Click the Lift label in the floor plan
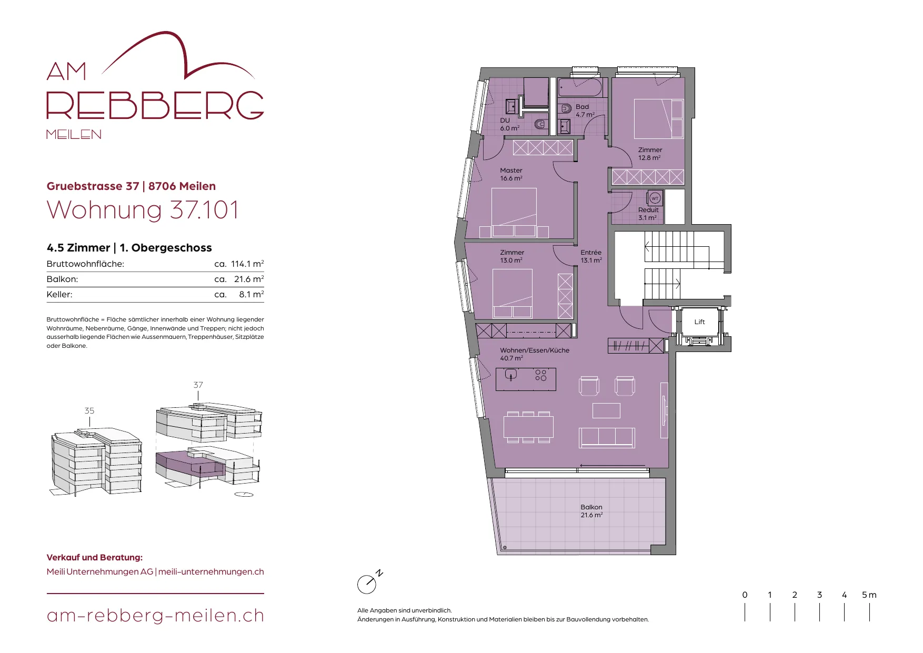[x=699, y=322]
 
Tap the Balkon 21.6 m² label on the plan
[x=591, y=511]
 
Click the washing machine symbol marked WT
[x=655, y=198]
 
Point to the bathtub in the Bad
[x=580, y=87]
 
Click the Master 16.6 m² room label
[x=511, y=174]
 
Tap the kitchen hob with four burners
[x=541, y=375]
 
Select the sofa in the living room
[x=607, y=437]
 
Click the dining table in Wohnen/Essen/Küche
[x=528, y=427]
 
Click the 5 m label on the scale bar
[x=869, y=595]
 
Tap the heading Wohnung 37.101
[x=143, y=210]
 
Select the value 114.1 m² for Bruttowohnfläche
[x=247, y=264]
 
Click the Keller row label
[x=59, y=295]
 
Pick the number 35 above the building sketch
[x=89, y=411]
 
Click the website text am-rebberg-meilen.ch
[x=155, y=616]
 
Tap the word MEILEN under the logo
[x=74, y=134]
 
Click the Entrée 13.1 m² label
[x=591, y=256]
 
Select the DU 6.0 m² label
[x=509, y=124]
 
